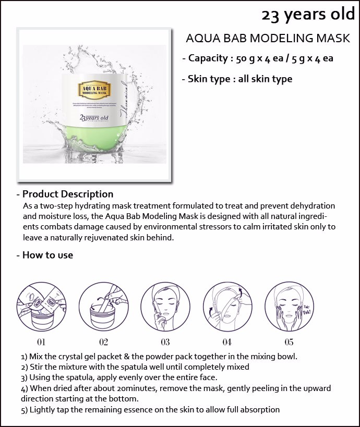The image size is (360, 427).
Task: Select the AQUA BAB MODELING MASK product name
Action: pyautogui.click(x=268, y=39)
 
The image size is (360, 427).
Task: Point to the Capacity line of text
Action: pyautogui.click(x=258, y=58)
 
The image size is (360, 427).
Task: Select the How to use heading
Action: pyautogui.click(x=45, y=255)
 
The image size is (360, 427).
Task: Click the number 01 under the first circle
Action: pyautogui.click(x=41, y=342)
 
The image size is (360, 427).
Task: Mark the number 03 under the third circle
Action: pyautogui.click(x=165, y=342)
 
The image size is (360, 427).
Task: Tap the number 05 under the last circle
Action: pyautogui.click(x=289, y=342)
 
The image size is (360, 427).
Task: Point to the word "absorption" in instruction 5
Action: pyautogui.click(x=260, y=409)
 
